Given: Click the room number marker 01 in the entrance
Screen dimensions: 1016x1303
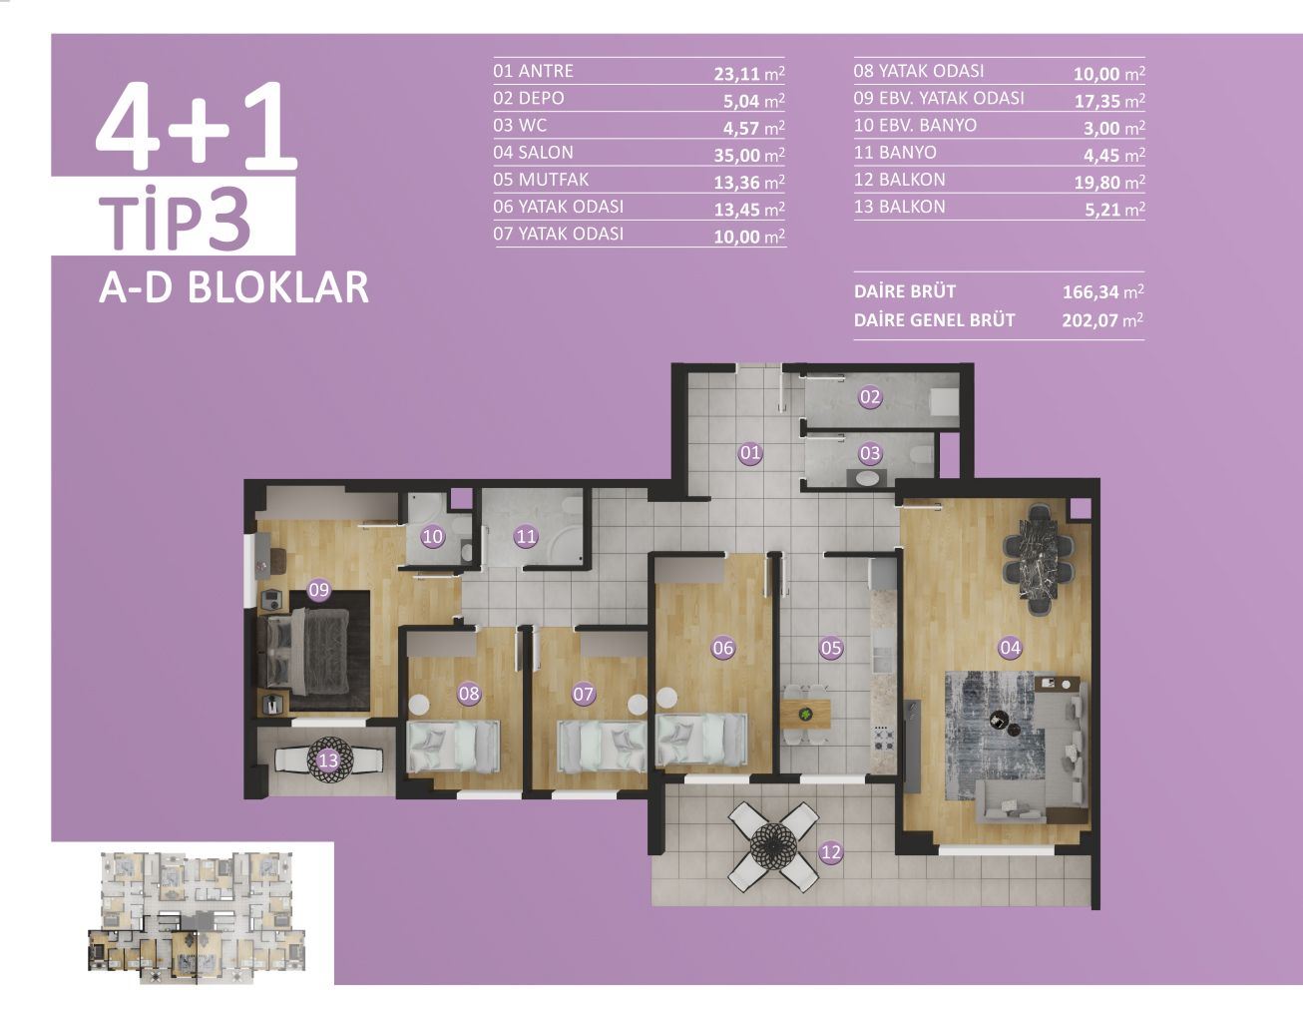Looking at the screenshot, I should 749,453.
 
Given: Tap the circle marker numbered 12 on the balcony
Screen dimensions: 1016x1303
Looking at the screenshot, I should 830,852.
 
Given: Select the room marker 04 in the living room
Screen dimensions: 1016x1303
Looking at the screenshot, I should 1010,648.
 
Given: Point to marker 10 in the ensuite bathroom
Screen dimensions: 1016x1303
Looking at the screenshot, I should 432,537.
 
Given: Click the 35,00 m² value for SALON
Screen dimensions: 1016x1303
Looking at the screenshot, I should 749,155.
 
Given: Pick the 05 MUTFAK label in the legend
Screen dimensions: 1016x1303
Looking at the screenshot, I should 541,180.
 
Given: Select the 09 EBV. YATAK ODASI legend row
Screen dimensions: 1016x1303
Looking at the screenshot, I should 939,98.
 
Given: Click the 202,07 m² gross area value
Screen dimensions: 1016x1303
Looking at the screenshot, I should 1102,320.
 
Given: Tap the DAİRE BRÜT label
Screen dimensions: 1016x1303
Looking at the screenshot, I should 905,291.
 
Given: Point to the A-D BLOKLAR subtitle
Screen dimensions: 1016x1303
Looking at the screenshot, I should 234,286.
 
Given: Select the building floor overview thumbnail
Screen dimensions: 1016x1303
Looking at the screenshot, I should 193,914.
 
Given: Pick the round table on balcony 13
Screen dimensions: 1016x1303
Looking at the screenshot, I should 328,760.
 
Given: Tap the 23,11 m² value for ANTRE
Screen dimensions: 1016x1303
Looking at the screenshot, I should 749,73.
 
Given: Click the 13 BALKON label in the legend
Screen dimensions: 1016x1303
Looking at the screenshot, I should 899,207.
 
